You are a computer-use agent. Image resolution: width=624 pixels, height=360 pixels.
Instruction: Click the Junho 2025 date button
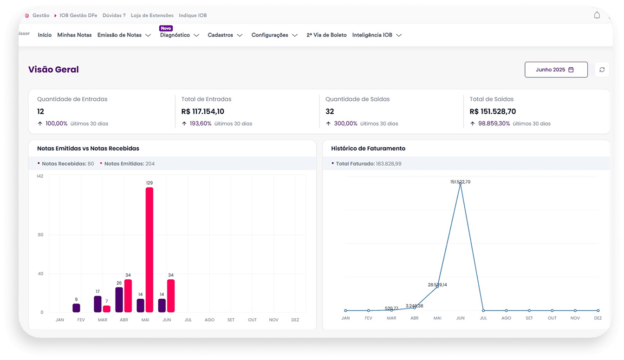coord(556,70)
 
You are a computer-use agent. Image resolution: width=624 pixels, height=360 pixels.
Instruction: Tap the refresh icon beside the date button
coord(602,70)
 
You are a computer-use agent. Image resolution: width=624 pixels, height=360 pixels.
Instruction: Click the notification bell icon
coord(597,15)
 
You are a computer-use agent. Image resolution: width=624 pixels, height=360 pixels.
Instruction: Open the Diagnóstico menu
coord(179,35)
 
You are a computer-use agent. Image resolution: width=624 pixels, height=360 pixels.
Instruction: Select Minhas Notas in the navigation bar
coord(74,35)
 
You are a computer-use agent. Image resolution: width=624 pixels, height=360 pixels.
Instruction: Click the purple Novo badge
coord(166,28)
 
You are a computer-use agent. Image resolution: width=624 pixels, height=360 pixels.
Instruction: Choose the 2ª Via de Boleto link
coord(326,35)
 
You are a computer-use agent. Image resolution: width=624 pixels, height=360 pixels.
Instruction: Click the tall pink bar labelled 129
coord(149,250)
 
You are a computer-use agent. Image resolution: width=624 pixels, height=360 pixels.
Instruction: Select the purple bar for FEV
coord(76,308)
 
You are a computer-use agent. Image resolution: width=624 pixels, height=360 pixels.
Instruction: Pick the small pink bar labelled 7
coord(106,309)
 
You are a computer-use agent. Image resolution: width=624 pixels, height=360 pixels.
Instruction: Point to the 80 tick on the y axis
coord(41,235)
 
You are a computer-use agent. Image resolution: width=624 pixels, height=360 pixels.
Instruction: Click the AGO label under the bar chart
coord(209,320)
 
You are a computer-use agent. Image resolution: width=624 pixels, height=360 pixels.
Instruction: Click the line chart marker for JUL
coord(483,310)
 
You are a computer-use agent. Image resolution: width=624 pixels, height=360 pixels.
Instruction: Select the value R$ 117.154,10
coord(202,112)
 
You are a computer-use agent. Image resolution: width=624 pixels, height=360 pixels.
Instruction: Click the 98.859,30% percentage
coord(494,123)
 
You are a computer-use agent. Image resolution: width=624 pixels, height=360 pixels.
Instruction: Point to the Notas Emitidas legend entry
coord(127,164)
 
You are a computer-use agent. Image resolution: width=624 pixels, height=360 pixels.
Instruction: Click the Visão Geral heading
coord(53,69)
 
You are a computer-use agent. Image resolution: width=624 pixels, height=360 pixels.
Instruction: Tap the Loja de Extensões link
coord(152,15)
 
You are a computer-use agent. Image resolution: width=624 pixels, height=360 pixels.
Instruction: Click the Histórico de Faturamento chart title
coord(368,148)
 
